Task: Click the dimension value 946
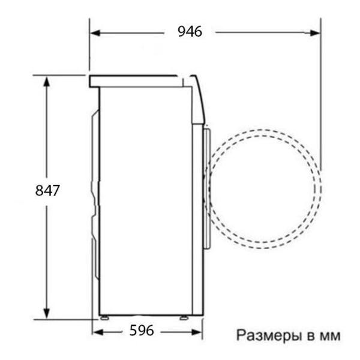pos(190,31)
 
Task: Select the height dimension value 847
pos(47,190)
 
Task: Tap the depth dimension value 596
pos(142,331)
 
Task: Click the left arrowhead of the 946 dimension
pos(95,33)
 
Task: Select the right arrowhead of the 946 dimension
pos(314,33)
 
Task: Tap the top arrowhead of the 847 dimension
pos(47,82)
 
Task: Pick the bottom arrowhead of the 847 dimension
pos(47,314)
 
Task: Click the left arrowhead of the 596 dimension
pos(98,332)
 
